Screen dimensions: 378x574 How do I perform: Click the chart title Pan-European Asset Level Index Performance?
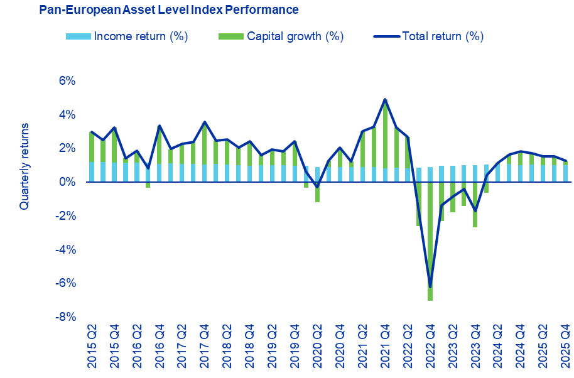pos(168,10)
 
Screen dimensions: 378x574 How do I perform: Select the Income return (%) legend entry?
pos(127,36)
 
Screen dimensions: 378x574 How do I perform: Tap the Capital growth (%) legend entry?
pos(281,36)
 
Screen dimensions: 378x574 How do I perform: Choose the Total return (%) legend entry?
pos(428,36)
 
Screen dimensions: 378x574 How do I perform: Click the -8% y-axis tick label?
pos(65,316)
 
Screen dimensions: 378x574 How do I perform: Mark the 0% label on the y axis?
pos(67,182)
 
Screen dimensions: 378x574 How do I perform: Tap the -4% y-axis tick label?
pos(65,249)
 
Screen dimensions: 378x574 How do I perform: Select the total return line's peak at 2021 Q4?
pos(385,99)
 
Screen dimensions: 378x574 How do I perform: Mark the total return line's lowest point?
pos(430,286)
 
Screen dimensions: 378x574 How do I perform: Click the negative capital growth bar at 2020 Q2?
pos(317,192)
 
